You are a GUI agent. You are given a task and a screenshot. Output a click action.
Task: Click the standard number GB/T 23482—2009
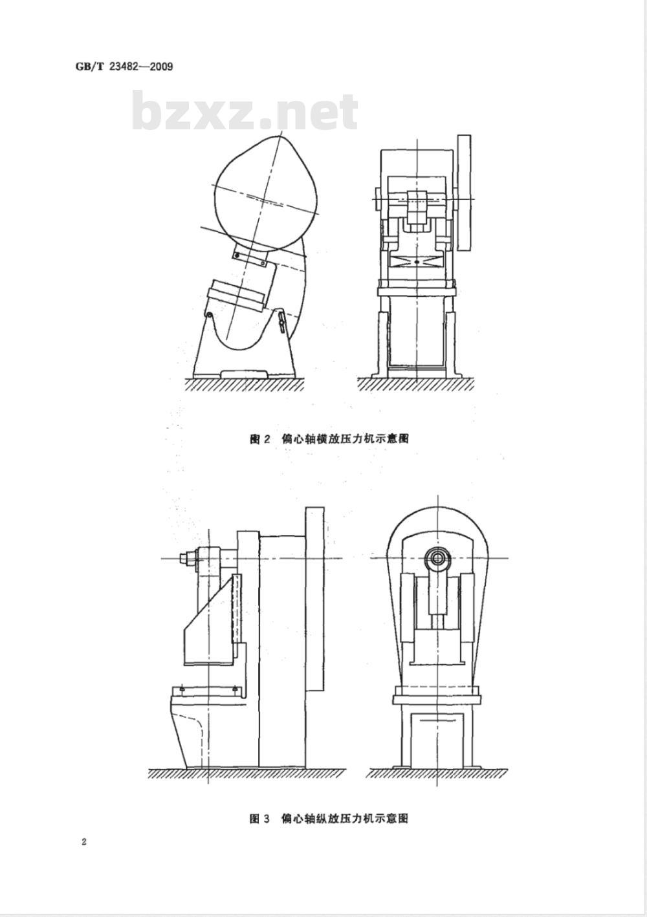pyautogui.click(x=124, y=67)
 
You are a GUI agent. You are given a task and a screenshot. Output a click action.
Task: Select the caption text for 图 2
pyautogui.click(x=329, y=439)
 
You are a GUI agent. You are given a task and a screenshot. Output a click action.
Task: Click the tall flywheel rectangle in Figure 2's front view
pyautogui.click(x=465, y=193)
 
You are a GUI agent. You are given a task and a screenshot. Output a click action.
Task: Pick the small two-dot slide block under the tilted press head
pyautogui.click(x=249, y=257)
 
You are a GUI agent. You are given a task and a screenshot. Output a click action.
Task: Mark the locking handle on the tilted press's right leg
pyautogui.click(x=281, y=322)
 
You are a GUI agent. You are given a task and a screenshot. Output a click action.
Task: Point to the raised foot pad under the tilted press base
pyautogui.click(x=245, y=373)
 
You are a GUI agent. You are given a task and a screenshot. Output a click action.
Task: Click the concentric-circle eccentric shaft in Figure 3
pyautogui.click(x=437, y=558)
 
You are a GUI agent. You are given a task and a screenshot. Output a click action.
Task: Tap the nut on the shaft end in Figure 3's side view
pyautogui.click(x=184, y=558)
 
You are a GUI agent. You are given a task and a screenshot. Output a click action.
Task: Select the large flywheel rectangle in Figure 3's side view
pyautogui.click(x=315, y=599)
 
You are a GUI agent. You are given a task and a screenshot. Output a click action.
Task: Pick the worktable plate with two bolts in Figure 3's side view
pyautogui.click(x=208, y=691)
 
